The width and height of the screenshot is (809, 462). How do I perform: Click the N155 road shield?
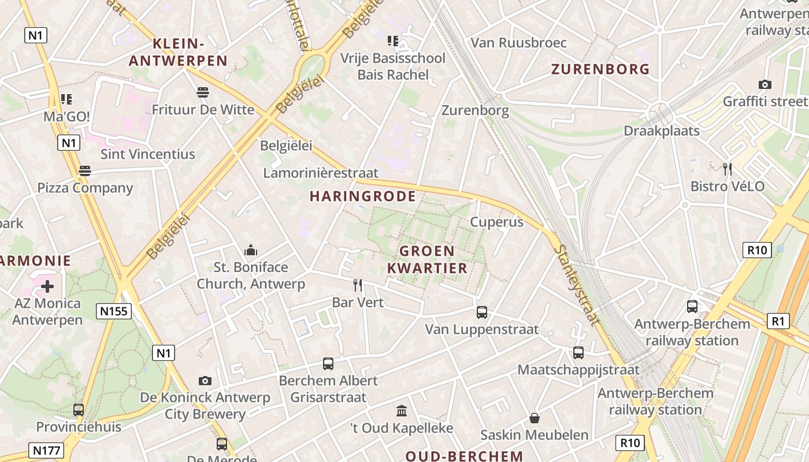(113, 312)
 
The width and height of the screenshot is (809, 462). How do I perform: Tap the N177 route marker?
(46, 450)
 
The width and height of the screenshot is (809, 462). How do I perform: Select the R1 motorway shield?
(778, 321)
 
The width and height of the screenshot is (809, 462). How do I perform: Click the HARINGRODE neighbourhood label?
(363, 196)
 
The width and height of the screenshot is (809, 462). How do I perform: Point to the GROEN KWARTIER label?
(427, 259)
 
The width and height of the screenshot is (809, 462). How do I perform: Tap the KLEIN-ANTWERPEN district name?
(178, 52)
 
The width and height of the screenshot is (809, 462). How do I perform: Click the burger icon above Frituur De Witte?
(202, 92)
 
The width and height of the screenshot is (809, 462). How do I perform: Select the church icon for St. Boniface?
(251, 250)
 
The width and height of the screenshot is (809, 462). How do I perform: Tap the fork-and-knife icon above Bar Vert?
(358, 285)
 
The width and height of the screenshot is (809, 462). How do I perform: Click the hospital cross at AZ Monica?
(47, 286)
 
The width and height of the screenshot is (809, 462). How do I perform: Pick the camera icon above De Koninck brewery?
(205, 381)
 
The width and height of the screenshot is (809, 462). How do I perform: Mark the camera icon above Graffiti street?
(765, 85)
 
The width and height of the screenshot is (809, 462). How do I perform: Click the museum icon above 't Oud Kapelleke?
(402, 411)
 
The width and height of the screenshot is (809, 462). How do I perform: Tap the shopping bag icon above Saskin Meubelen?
(535, 418)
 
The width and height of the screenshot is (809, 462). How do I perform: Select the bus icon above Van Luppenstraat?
(482, 312)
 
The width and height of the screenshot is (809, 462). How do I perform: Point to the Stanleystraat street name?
(577, 286)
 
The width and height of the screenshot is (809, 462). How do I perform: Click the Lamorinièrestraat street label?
(321, 173)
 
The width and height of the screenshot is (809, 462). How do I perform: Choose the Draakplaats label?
(662, 131)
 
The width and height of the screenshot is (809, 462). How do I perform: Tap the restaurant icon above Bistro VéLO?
(728, 169)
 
